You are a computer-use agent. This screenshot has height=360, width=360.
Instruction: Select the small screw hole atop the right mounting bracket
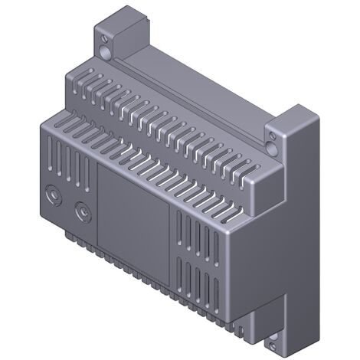coord(270,139)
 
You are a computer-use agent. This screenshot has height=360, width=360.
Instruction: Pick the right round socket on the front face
coord(80,209)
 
